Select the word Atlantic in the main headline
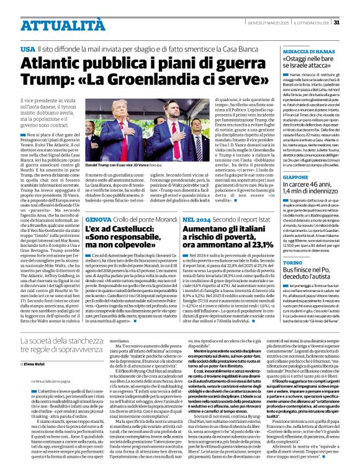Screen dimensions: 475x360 point(52,63)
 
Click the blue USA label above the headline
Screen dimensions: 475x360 point(27,48)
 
